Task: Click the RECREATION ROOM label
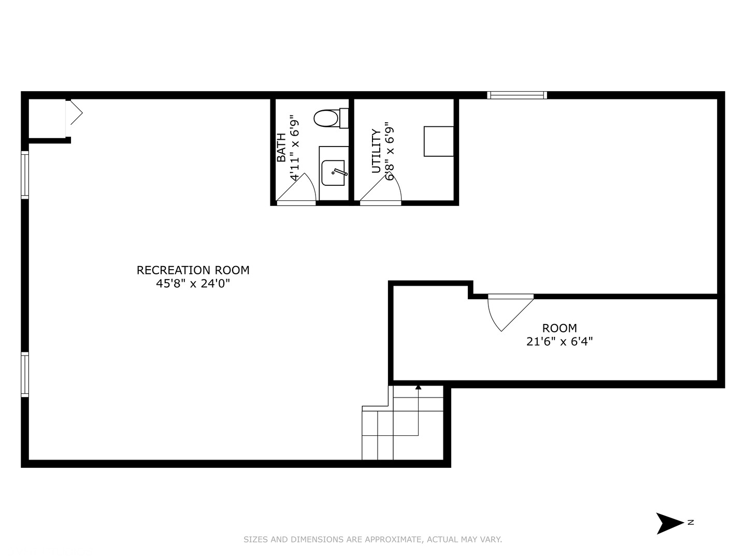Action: pos(193,270)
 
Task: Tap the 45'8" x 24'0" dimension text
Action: pos(193,284)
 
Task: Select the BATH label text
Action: pos(281,148)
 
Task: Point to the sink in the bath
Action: pos(333,173)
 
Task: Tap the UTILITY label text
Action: pos(376,151)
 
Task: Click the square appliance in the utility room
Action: pos(439,141)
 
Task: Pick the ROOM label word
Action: pos(559,328)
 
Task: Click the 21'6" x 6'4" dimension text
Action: pos(559,342)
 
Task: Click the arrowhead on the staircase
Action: pos(418,387)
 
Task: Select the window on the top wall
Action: pos(517,95)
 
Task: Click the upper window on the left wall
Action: pos(24,174)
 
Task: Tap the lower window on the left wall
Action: pos(24,374)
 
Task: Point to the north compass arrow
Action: pos(669,523)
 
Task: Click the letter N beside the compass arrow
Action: pos(691,522)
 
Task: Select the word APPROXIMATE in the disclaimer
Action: pos(393,539)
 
